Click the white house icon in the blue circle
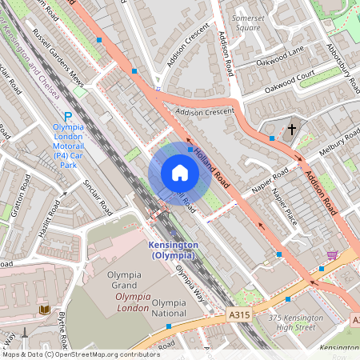[179, 173]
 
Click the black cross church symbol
[292, 128]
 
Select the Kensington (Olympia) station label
[172, 250]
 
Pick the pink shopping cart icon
[332, 255]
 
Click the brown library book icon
[43, 309]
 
